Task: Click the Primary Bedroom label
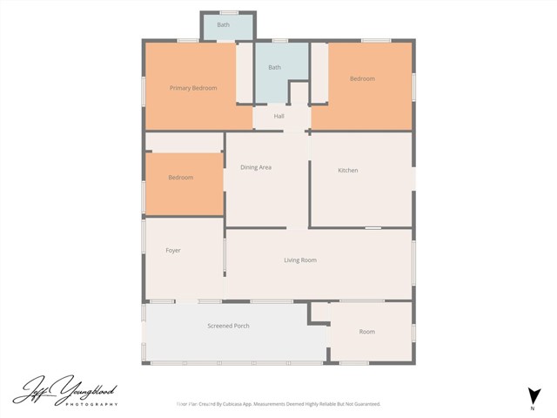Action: (x=192, y=88)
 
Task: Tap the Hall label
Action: (x=278, y=116)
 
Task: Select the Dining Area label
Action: (x=256, y=167)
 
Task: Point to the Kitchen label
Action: (x=348, y=170)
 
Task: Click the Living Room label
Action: (x=299, y=260)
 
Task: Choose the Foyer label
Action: (x=173, y=251)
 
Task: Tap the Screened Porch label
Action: (x=228, y=326)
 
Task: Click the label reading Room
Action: (x=366, y=332)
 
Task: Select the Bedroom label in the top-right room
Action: (x=362, y=79)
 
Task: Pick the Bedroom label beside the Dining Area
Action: (x=180, y=178)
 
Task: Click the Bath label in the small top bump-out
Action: (x=224, y=25)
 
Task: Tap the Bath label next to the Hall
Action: (x=274, y=67)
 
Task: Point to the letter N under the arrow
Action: (x=532, y=408)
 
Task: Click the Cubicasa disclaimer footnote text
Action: (x=278, y=404)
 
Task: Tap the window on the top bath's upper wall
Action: (x=229, y=12)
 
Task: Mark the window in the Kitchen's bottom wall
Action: (x=372, y=228)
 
